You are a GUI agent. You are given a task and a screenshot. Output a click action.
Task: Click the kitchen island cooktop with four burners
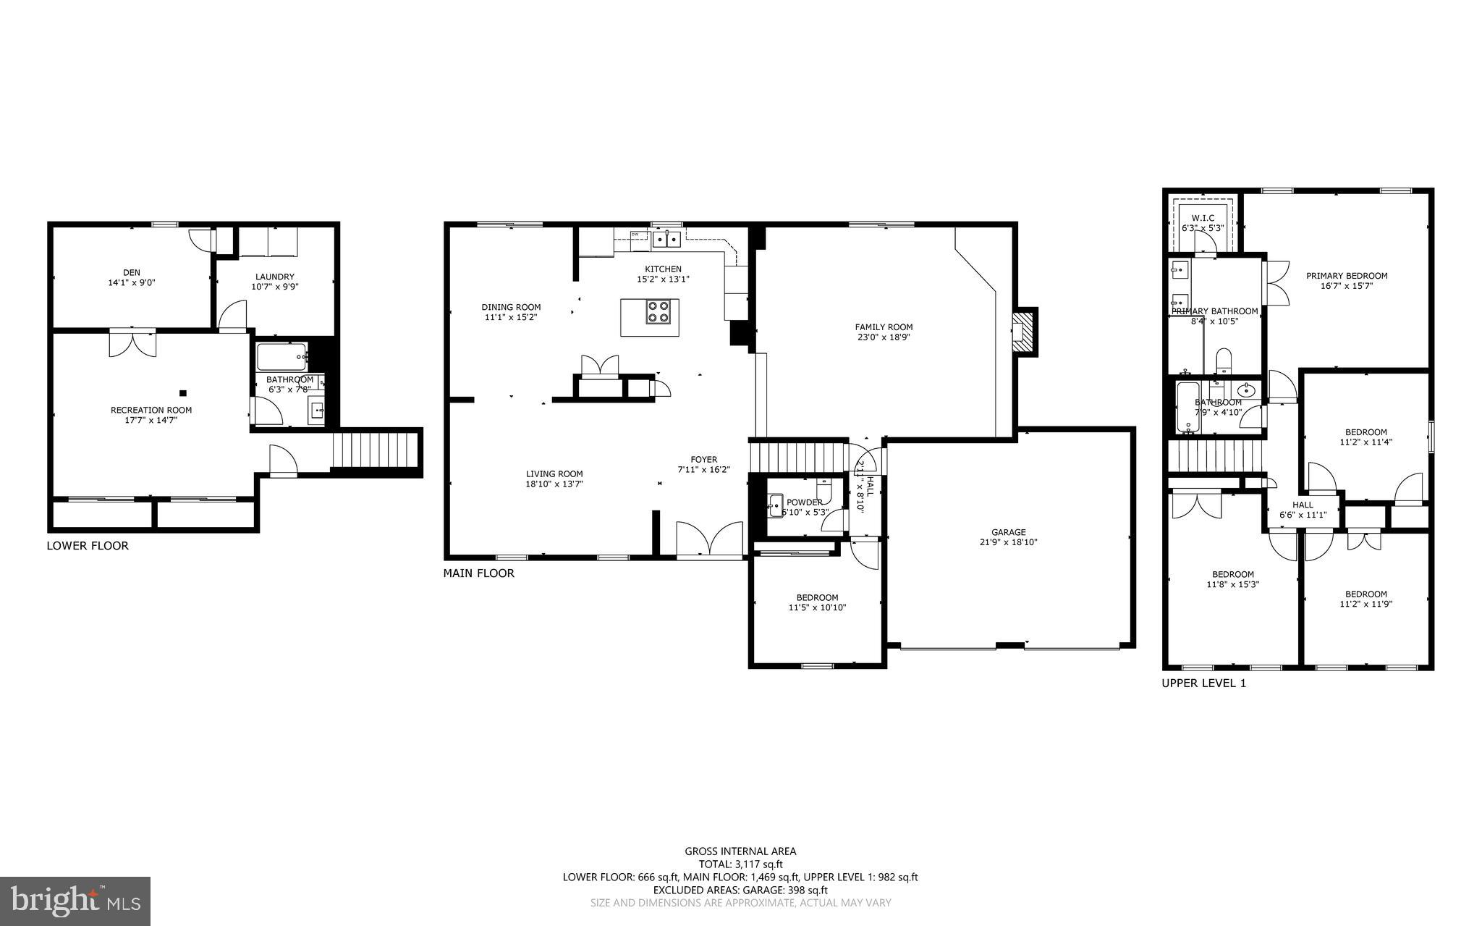click(659, 311)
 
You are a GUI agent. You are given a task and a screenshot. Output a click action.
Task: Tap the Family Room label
click(884, 327)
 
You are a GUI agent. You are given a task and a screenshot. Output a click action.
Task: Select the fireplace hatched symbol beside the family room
click(1023, 332)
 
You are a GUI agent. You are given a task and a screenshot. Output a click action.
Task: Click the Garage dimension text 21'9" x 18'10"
click(1008, 542)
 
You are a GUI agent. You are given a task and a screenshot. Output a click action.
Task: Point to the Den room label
click(131, 273)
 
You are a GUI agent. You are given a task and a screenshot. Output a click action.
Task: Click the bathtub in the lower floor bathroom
click(281, 356)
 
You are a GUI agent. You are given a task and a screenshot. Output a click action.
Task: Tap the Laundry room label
click(274, 277)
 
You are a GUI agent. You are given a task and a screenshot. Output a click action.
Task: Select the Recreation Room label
click(151, 410)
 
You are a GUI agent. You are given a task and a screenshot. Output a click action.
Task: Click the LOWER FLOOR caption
click(88, 546)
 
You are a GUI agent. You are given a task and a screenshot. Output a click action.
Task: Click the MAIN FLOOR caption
click(478, 573)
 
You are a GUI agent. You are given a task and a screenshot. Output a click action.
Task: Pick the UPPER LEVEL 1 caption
click(1203, 683)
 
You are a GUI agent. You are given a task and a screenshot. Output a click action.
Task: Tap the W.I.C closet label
click(1202, 218)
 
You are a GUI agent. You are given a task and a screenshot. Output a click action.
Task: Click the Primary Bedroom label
click(1346, 276)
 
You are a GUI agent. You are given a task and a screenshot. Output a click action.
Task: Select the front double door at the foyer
click(710, 540)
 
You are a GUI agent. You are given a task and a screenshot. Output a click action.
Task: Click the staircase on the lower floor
click(376, 450)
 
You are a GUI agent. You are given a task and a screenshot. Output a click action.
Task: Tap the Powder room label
click(804, 502)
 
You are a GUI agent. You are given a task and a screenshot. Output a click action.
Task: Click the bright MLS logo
click(75, 901)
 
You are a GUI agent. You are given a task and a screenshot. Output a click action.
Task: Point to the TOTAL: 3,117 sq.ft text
click(740, 864)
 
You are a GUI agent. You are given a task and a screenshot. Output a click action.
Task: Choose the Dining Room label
click(511, 307)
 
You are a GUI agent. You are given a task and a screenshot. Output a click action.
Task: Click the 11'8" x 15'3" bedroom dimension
click(1233, 584)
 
